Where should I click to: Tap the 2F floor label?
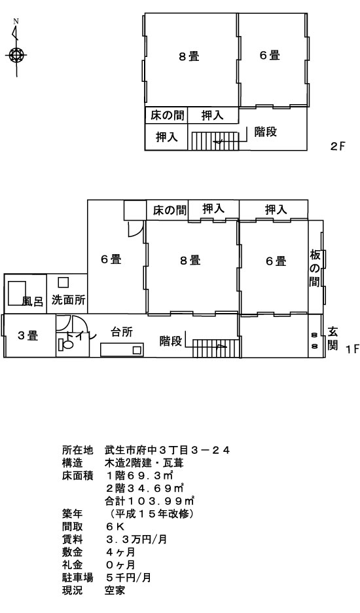338,147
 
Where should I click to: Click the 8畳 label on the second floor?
189,57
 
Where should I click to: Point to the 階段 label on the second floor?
265,132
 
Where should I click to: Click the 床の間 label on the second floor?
167,115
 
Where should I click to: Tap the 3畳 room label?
27,335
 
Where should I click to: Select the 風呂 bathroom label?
32,301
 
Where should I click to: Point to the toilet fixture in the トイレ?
65,344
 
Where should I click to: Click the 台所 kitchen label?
122,332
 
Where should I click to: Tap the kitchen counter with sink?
122,350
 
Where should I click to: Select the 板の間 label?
315,268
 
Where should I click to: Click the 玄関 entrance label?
333,339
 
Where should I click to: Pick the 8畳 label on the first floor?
190,260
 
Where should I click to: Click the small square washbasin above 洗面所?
63,282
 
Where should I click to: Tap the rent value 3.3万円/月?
136,540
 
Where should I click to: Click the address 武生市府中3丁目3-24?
167,451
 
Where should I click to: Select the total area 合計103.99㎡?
150,501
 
